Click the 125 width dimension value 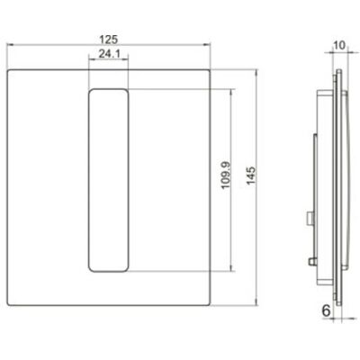(109, 40)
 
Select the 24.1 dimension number (110, 54)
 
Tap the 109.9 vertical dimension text (226, 175)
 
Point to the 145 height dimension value (251, 175)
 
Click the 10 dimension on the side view (339, 45)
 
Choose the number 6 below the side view (326, 310)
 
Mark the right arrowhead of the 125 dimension (207, 45)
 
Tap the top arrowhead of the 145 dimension (256, 73)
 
